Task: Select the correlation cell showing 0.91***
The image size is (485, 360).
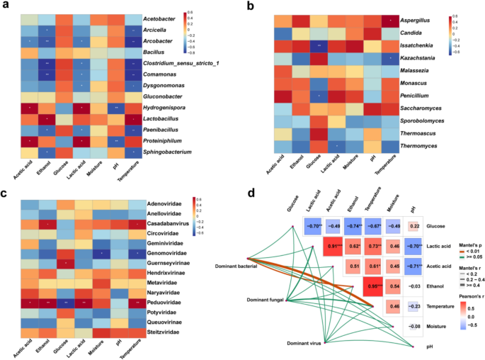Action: [x=331, y=246]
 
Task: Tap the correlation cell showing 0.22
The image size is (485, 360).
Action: [x=414, y=227]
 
